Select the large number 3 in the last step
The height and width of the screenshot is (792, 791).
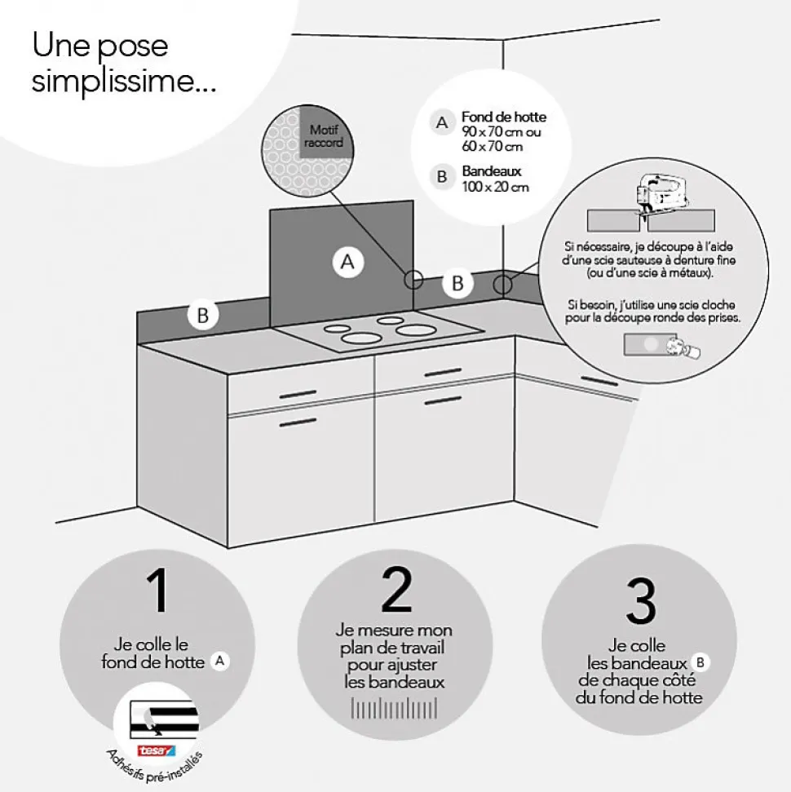point(641,601)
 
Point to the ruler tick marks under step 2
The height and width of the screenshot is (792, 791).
point(395,708)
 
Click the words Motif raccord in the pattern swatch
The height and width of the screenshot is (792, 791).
point(323,136)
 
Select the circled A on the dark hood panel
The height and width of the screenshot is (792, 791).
point(347,263)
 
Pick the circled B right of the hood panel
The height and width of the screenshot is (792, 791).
point(457,284)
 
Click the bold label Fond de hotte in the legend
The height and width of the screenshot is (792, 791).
point(503,117)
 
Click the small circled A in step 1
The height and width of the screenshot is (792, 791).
point(218,661)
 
